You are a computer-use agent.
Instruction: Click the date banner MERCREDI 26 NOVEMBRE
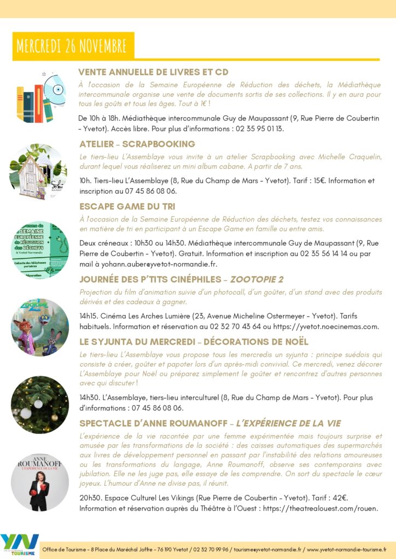[72, 46]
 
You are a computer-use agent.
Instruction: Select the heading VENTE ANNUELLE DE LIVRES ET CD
[153, 72]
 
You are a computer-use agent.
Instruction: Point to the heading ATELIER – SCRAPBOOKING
[137, 144]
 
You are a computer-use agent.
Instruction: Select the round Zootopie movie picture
[40, 327]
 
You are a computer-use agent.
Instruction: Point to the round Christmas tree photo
[40, 405]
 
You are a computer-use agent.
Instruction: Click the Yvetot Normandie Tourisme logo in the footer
[20, 544]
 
